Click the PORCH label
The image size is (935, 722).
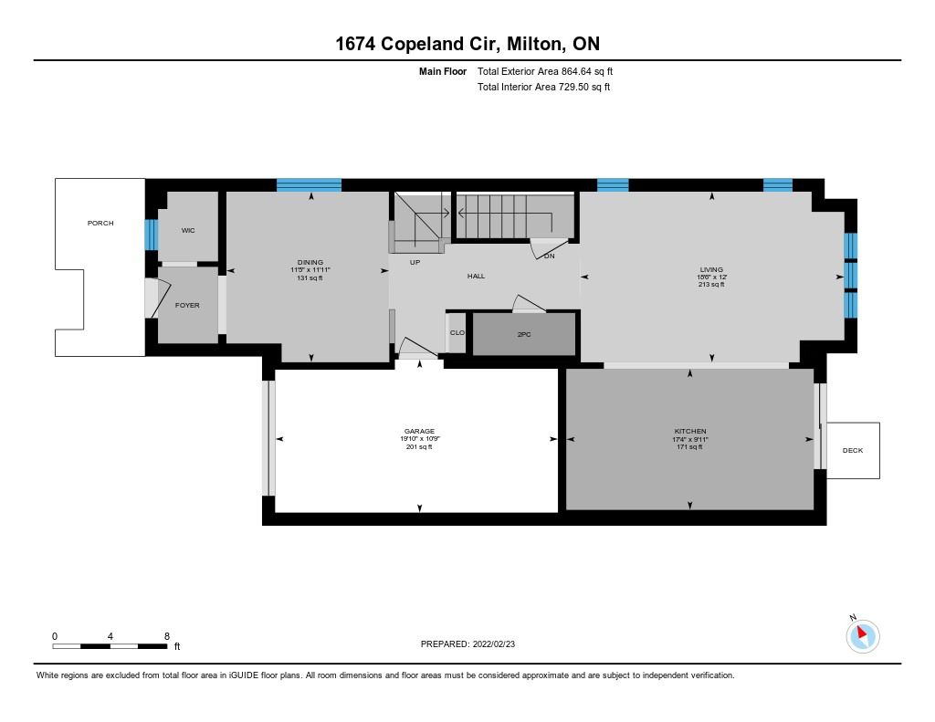tap(100, 223)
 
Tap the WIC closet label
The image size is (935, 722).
tap(188, 230)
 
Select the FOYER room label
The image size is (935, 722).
tap(187, 305)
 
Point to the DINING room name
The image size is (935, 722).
tap(310, 262)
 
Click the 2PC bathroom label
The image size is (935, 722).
tap(524, 334)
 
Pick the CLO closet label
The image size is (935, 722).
tap(457, 332)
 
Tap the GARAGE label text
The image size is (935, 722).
tap(419, 431)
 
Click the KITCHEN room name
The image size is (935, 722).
tap(690, 431)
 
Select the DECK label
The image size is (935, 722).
tap(853, 450)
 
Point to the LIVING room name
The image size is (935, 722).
tap(711, 269)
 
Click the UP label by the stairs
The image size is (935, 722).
tap(415, 262)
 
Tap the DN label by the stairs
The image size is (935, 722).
tap(549, 256)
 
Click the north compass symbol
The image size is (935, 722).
tap(862, 635)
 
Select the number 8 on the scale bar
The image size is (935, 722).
tap(167, 636)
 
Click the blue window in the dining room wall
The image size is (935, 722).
tap(309, 184)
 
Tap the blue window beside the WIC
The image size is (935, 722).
tap(152, 235)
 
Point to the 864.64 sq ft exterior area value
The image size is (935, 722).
tap(587, 71)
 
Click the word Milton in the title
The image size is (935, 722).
tap(533, 44)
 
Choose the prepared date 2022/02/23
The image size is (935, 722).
tap(494, 644)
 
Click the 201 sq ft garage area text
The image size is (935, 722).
tap(419, 446)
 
